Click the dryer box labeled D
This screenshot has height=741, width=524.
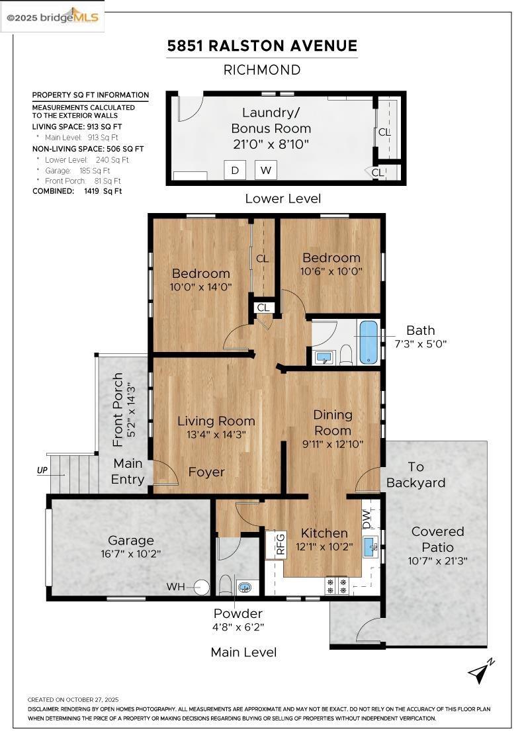click(x=234, y=170)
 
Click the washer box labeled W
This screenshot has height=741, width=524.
click(x=266, y=170)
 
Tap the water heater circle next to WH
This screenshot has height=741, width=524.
click(x=201, y=586)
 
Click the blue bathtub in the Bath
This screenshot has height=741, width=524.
click(x=369, y=342)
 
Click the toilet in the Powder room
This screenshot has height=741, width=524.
click(x=225, y=585)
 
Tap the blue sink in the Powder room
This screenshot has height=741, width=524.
click(x=245, y=586)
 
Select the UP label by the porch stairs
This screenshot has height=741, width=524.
click(x=42, y=471)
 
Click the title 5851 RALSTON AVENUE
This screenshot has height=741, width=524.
click(x=262, y=46)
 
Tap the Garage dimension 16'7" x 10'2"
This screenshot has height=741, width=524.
click(x=131, y=553)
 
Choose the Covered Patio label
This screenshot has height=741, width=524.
click(x=437, y=539)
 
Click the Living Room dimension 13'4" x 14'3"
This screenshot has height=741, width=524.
click(x=216, y=435)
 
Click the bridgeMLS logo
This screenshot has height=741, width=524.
click(x=52, y=17)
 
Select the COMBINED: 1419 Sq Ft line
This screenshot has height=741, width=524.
click(x=77, y=191)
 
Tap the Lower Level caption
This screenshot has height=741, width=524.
click(x=283, y=198)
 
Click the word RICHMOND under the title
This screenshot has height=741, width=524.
click(x=262, y=69)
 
